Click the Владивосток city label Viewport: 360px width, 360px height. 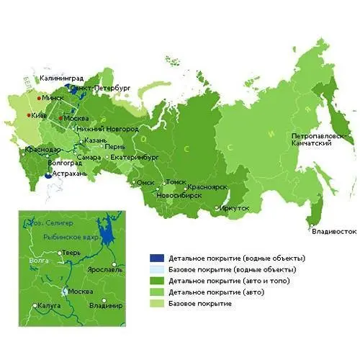tap(333, 232)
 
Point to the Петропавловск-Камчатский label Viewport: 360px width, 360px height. tap(311, 140)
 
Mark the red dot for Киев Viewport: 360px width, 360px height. tap(29, 115)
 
